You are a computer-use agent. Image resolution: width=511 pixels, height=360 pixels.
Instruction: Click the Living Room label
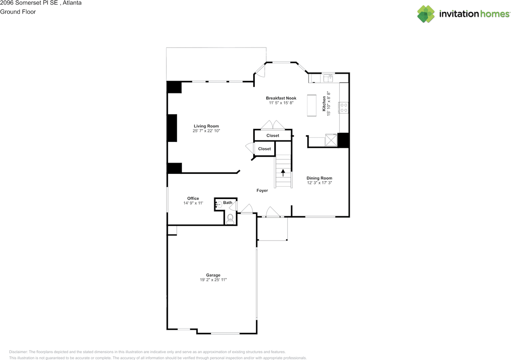pyautogui.click(x=206, y=126)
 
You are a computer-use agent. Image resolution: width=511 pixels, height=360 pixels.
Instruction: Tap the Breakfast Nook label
pyautogui.click(x=281, y=98)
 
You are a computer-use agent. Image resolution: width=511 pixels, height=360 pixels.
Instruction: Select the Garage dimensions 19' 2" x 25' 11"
pyautogui.click(x=213, y=280)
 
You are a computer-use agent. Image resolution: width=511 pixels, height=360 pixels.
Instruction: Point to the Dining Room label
pyautogui.click(x=319, y=178)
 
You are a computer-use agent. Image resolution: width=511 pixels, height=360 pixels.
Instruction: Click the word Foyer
pyautogui.click(x=262, y=191)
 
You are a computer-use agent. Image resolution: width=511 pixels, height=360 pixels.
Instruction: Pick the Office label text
pyautogui.click(x=193, y=199)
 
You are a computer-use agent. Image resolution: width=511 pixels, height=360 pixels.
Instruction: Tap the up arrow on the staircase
pyautogui.click(x=283, y=173)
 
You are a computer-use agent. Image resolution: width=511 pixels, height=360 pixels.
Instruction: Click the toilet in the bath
pyautogui.click(x=230, y=219)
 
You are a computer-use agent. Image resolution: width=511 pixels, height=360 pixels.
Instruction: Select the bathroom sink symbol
pyautogui.click(x=219, y=204)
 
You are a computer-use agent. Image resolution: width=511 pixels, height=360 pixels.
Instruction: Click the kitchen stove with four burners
pyautogui.click(x=343, y=107)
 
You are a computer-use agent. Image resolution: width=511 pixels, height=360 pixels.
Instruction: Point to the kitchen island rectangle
pyautogui.click(x=311, y=105)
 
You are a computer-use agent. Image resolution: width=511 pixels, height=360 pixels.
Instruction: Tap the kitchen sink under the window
pyautogui.click(x=329, y=78)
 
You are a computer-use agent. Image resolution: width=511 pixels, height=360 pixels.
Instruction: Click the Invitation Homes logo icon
pyautogui.click(x=426, y=14)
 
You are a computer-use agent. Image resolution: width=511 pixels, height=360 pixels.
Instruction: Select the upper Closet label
pyautogui.click(x=273, y=136)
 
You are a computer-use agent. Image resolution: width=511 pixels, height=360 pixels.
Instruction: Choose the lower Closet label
pyautogui.click(x=264, y=149)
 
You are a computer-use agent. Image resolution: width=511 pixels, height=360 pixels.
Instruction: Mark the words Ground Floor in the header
pyautogui.click(x=18, y=12)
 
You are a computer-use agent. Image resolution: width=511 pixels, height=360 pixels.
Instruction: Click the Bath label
pyautogui.click(x=228, y=203)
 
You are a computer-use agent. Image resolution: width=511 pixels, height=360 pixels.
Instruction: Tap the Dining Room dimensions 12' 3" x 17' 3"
pyautogui.click(x=319, y=183)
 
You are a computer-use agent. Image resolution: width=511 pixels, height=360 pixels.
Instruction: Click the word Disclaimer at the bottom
pyautogui.click(x=18, y=352)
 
